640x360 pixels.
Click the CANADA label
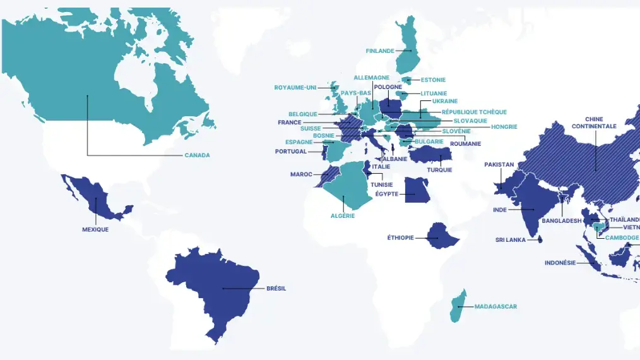[197, 155]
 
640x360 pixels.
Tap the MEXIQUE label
[95, 229]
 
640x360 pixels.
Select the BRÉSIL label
[276, 289]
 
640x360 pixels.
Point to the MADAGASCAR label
[495, 307]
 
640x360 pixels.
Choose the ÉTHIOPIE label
[400, 238]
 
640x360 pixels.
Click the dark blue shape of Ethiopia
[441, 234]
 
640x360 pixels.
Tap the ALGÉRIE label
[343, 216]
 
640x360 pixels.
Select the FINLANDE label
[380, 51]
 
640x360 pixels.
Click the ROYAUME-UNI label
[295, 88]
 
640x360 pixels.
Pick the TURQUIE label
[439, 170]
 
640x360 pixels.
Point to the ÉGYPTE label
[387, 194]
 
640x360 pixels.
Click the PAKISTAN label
[499, 165]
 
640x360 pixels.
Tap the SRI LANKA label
[511, 240]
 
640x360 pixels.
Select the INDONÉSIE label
[560, 263]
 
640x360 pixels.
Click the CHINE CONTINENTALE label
[594, 123]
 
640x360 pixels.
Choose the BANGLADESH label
[561, 221]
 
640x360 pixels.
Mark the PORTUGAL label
[290, 152]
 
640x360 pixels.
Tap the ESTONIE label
[433, 80]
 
